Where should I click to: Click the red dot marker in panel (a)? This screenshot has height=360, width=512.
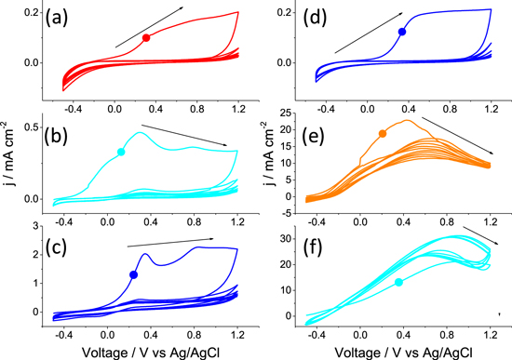[x=146, y=38]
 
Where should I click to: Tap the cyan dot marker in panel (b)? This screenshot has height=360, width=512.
[x=120, y=152]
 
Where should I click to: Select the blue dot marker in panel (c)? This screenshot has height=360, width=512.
[x=133, y=274]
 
